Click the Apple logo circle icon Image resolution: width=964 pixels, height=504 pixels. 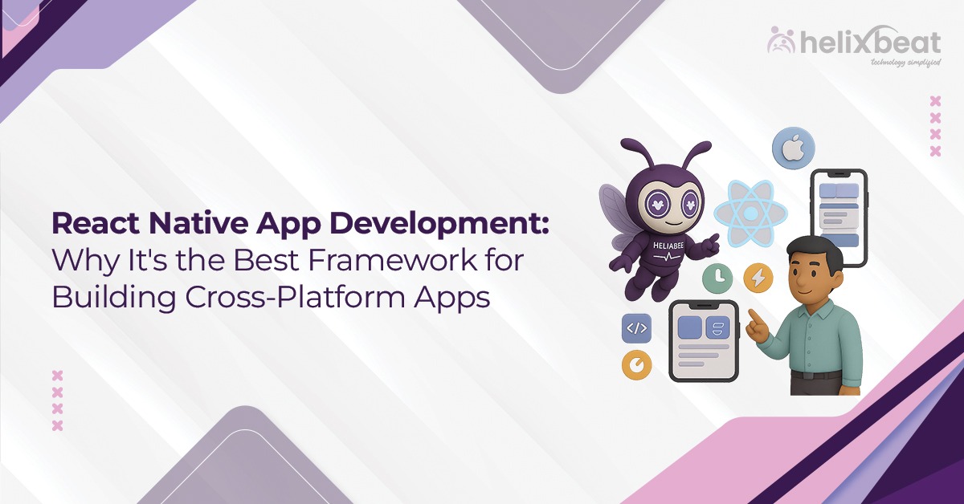793,149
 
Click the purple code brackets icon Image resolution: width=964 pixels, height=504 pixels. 636,327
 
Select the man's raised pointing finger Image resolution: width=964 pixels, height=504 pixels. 753,315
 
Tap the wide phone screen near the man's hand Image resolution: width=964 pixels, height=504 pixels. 703,341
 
